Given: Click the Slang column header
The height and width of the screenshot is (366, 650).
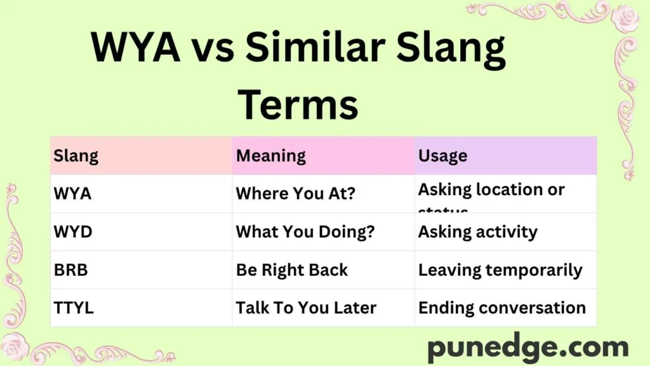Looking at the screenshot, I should click(x=76, y=156).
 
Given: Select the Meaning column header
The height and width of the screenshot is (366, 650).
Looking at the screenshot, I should click(x=271, y=156).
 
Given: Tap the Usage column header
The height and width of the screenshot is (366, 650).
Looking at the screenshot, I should click(x=442, y=156).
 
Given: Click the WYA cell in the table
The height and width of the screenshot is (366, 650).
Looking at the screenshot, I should click(x=72, y=194).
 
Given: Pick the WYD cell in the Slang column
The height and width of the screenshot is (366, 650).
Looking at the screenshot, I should click(x=73, y=232).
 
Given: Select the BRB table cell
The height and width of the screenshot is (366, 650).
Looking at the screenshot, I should click(x=71, y=270).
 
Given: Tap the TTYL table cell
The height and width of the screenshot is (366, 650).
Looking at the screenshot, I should click(x=74, y=308).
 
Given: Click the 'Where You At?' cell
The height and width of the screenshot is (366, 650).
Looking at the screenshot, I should click(x=296, y=194).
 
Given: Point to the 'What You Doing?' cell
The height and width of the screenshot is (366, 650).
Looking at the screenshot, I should click(x=305, y=232).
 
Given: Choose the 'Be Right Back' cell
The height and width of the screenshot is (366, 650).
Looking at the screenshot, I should click(x=292, y=270).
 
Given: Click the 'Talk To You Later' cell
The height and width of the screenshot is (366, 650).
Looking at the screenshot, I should click(x=306, y=308).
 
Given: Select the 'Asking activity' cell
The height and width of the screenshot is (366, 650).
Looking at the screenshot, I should click(x=477, y=232).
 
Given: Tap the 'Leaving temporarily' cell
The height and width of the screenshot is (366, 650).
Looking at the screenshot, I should click(x=500, y=270).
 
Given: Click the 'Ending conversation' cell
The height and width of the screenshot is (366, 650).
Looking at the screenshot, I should click(x=502, y=308).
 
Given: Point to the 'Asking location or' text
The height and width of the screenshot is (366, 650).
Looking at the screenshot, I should click(x=491, y=189).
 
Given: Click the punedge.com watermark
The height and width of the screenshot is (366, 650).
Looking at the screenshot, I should click(x=527, y=348).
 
